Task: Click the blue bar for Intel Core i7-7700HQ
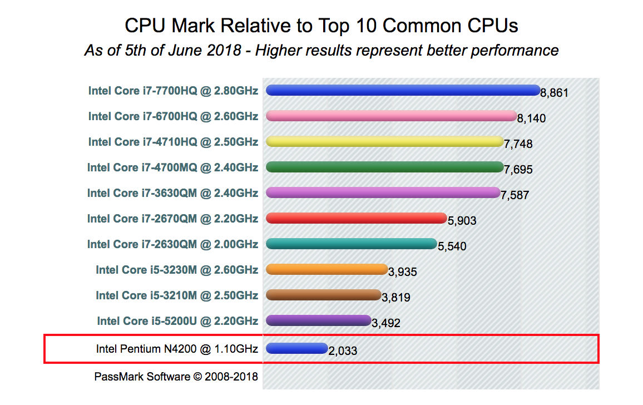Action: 403,90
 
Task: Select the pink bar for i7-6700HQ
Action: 392,116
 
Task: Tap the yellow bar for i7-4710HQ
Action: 384,141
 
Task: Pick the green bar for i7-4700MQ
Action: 384,167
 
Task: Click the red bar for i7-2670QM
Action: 356,218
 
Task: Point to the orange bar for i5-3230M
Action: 327,269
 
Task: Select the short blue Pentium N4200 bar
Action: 296,348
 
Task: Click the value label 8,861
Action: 554,93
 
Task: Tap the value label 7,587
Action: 515,195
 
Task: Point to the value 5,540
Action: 452,246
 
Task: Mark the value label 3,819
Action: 396,298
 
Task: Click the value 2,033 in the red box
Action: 343,351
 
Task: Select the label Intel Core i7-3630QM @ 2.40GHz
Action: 172,193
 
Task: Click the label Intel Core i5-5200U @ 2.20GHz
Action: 177,321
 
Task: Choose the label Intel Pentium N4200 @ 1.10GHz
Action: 177,349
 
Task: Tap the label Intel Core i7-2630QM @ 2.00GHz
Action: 172,244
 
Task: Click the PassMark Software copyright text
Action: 176,377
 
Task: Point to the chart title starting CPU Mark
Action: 321,26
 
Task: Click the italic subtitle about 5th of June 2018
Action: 321,51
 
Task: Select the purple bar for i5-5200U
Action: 318,320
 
